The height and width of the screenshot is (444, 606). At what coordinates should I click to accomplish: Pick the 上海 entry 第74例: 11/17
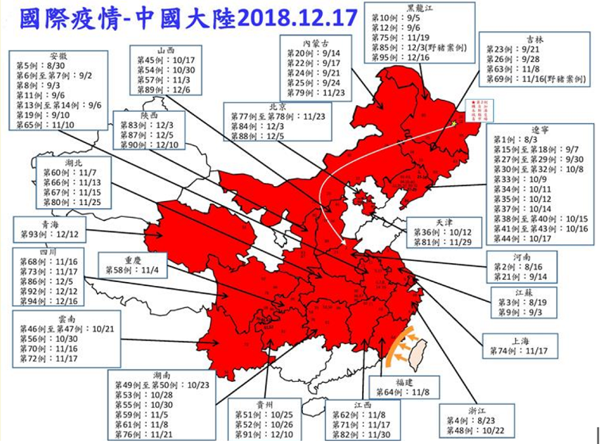[523, 351]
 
